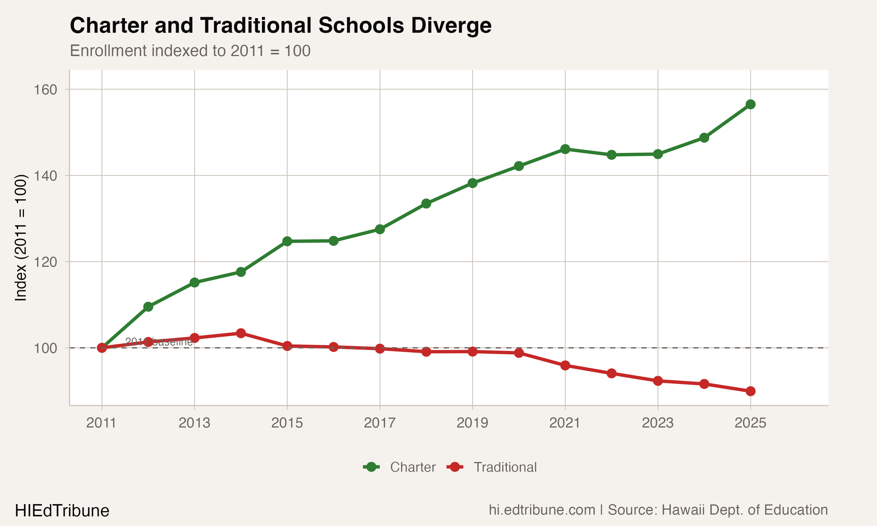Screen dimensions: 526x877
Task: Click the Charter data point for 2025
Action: click(x=750, y=104)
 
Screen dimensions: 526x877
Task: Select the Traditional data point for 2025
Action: click(x=750, y=391)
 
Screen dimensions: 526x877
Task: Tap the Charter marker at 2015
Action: click(x=287, y=241)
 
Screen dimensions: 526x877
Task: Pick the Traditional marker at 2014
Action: click(x=241, y=333)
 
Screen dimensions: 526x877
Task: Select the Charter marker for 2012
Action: click(x=148, y=307)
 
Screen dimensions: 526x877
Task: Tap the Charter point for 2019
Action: click(x=472, y=183)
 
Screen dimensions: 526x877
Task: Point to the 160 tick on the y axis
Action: click(x=45, y=90)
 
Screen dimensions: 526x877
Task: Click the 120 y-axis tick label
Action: click(x=45, y=262)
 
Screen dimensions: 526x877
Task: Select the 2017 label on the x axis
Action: click(x=380, y=423)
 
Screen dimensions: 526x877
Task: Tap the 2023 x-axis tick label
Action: click(x=657, y=423)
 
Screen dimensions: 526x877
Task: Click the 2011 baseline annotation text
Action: click(x=159, y=342)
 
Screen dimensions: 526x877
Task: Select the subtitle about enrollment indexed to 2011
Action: click(x=190, y=51)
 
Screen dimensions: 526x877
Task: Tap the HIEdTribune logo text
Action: click(x=62, y=511)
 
